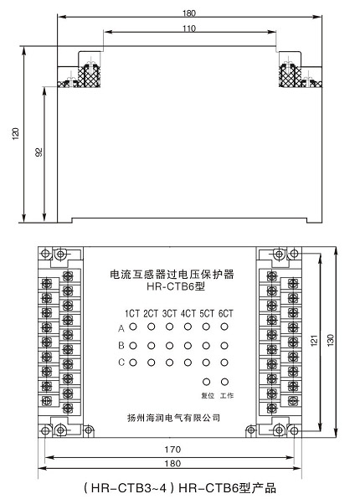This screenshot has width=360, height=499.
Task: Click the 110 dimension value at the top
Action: (x=188, y=28)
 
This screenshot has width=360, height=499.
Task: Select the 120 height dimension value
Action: (x=15, y=133)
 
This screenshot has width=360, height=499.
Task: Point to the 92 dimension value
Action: (x=39, y=152)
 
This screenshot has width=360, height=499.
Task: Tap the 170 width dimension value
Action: (x=172, y=450)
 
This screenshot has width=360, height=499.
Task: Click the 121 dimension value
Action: (x=314, y=340)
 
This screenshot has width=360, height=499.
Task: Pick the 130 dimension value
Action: (x=330, y=340)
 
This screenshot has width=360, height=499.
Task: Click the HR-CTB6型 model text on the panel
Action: (x=176, y=286)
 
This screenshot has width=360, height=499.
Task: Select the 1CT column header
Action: (x=132, y=313)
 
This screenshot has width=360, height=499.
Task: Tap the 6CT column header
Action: (x=225, y=313)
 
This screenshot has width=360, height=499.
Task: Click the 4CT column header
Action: (x=188, y=313)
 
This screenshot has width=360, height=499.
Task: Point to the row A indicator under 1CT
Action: (x=133, y=327)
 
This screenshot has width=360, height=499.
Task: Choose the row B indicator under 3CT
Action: (x=169, y=346)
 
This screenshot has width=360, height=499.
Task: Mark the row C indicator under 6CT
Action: (x=224, y=363)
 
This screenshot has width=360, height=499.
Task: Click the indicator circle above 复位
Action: (x=206, y=382)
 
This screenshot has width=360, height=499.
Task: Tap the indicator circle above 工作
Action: (x=224, y=382)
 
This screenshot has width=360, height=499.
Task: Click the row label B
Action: (x=121, y=346)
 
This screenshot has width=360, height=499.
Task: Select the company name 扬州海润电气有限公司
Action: (x=173, y=417)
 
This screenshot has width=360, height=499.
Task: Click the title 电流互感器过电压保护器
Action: (x=172, y=275)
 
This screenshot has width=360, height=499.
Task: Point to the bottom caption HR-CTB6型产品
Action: (x=227, y=488)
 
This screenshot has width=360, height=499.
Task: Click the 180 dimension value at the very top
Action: (x=188, y=13)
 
